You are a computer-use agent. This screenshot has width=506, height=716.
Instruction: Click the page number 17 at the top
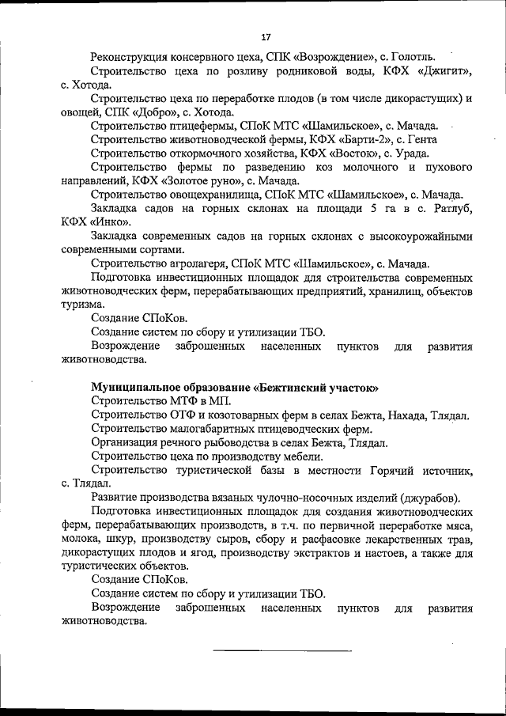click(x=266, y=36)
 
